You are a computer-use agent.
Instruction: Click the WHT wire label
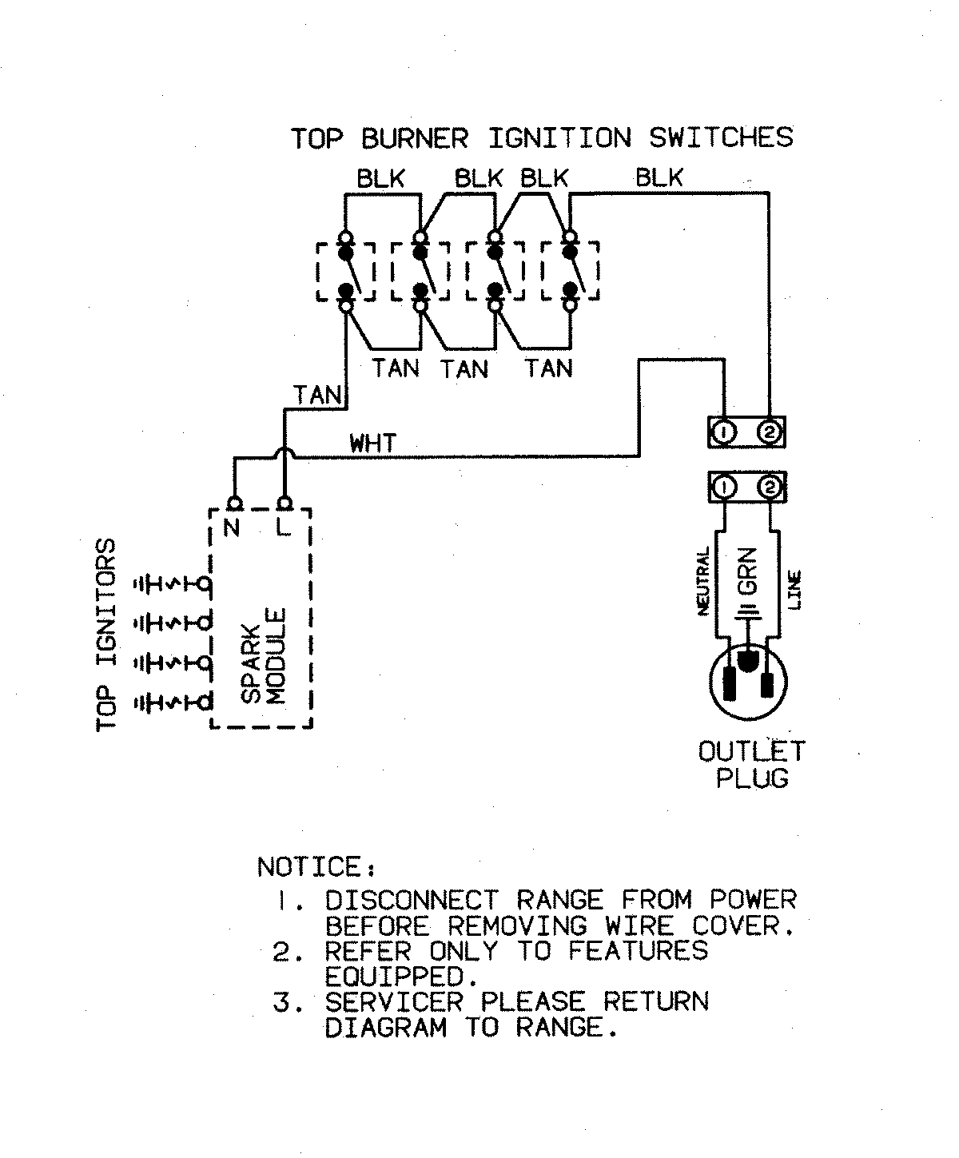point(372,442)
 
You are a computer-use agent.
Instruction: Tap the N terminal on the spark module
point(234,504)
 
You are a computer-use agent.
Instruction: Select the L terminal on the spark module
point(285,504)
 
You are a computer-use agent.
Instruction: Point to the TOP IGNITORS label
point(107,635)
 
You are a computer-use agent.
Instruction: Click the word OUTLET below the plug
point(752,751)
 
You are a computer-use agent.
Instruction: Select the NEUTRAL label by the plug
point(704,581)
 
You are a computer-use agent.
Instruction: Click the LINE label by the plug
point(795,591)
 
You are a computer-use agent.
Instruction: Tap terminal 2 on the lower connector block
point(770,487)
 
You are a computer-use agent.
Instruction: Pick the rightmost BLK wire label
point(659,177)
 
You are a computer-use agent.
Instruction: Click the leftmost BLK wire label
point(380,178)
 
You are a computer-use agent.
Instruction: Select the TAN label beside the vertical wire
point(317,395)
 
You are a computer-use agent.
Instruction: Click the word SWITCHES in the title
point(721,137)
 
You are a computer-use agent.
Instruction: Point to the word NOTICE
point(310,867)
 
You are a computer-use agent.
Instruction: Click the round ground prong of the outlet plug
point(749,660)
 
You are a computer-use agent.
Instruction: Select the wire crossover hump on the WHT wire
point(285,453)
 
